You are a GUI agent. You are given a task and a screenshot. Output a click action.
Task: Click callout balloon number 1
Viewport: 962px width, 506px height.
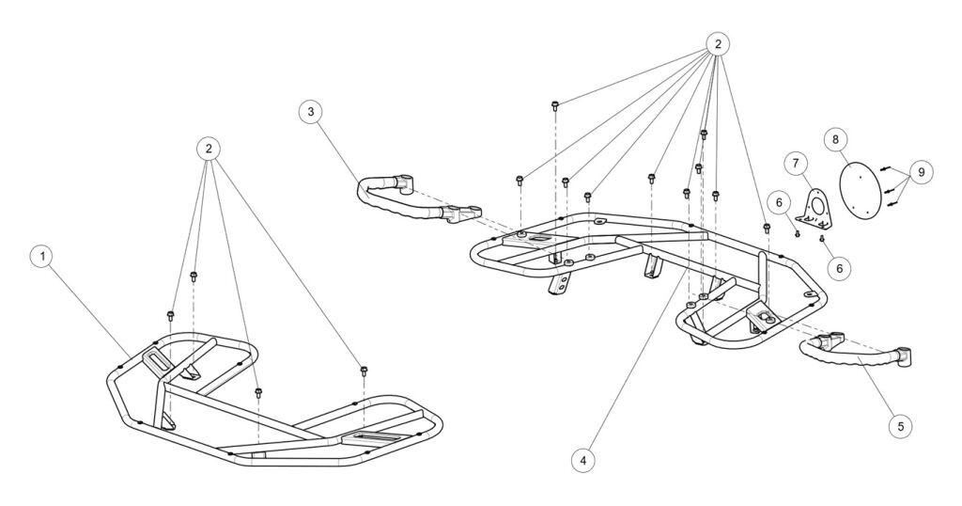39,256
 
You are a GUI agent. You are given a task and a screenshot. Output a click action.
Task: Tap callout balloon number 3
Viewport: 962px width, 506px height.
311,112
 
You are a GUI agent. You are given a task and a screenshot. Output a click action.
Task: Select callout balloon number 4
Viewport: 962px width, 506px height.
583,460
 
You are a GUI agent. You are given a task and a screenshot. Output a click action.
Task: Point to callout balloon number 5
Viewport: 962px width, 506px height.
900,426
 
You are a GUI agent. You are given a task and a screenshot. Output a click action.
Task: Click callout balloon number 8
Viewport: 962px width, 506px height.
835,139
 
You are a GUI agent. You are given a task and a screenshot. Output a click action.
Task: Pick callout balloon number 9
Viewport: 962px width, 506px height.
921,173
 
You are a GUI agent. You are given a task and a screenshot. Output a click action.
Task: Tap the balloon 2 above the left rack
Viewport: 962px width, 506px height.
209,148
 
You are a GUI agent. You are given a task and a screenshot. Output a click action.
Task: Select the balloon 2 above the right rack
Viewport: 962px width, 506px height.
718,43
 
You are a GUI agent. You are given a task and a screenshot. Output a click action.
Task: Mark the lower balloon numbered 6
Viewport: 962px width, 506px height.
839,268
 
